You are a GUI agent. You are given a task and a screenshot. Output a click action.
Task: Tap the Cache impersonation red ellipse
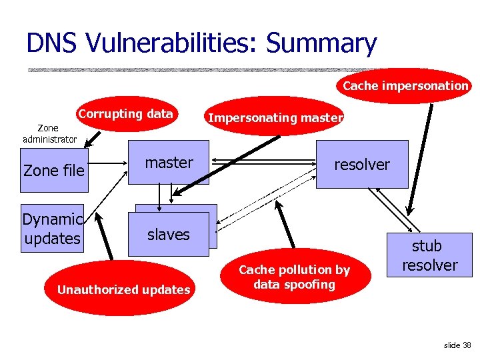coord(405,86)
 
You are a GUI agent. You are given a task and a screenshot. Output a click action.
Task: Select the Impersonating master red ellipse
coord(276,118)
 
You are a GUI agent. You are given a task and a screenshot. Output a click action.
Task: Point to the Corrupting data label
coord(125,113)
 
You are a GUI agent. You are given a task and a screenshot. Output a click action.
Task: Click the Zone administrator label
coord(49,133)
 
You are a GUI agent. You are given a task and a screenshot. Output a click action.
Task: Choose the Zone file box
coord(53,171)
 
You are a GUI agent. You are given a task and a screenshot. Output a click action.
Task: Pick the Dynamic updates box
coord(52,229)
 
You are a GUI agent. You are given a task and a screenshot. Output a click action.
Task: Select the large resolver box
coord(362,165)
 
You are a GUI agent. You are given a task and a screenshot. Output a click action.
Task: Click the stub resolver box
coord(429,255)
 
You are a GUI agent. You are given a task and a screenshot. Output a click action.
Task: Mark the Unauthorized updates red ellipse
coord(124,290)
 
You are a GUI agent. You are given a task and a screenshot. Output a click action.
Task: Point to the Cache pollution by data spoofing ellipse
coord(294,277)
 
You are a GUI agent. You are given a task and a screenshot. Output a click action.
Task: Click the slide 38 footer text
coord(457,345)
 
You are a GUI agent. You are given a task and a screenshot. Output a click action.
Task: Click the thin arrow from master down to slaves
coord(159,196)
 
